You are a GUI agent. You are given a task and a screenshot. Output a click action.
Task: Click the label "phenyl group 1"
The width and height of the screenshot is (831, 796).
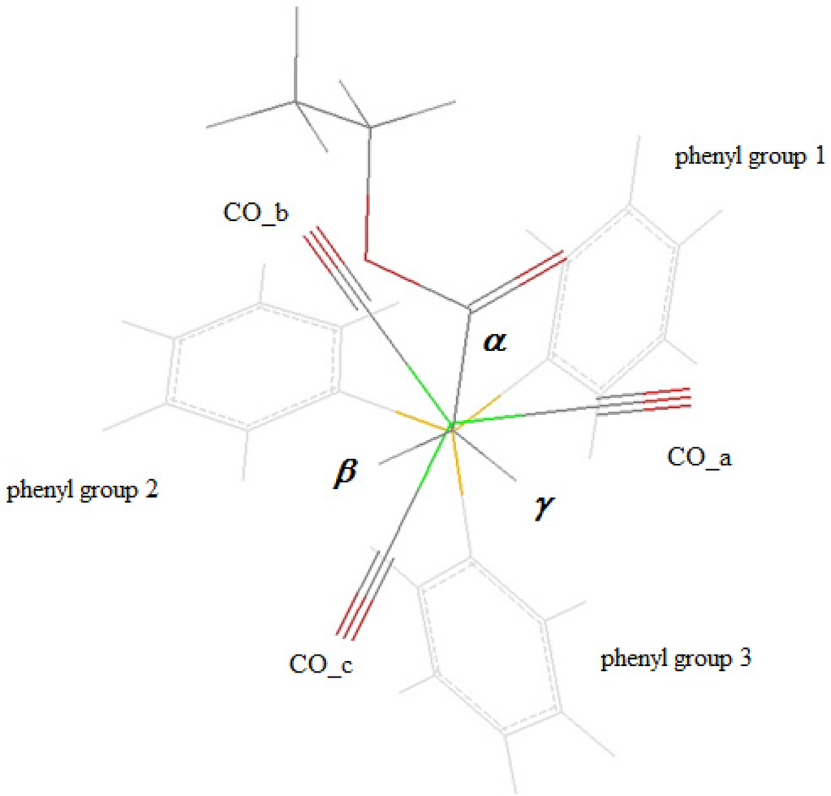tap(749, 157)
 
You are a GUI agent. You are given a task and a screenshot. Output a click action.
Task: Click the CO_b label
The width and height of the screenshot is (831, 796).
tap(256, 212)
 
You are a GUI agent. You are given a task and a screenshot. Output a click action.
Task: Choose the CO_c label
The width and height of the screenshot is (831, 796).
tap(321, 664)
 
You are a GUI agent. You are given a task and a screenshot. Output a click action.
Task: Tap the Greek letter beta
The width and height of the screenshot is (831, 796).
tap(344, 474)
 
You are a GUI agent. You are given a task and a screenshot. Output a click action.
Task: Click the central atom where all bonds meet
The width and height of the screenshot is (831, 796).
tap(451, 424)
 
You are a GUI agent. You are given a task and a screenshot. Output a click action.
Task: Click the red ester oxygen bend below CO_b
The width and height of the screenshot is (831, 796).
tap(366, 260)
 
